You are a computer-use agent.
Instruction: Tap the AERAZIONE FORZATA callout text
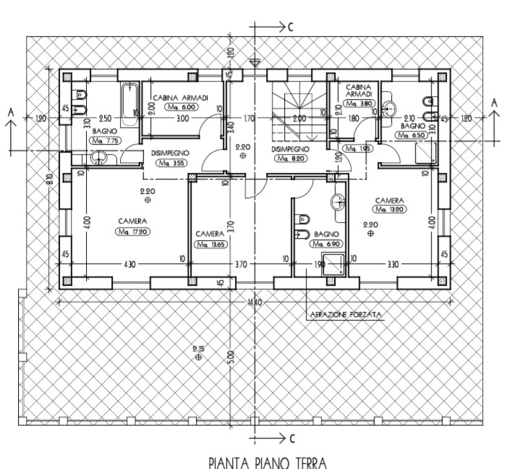(x=344, y=315)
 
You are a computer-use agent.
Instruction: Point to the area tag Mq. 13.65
(x=211, y=245)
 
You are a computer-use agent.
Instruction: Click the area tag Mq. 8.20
(x=291, y=159)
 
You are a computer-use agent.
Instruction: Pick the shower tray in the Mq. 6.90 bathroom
(x=333, y=265)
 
